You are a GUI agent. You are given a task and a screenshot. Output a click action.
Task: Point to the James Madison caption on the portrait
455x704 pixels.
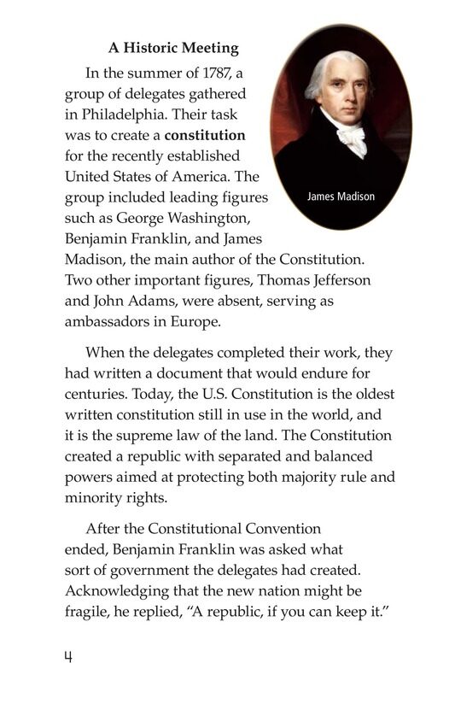pyautogui.click(x=340, y=197)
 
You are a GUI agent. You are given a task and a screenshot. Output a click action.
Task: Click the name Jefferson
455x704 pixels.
pyautogui.click(x=338, y=279)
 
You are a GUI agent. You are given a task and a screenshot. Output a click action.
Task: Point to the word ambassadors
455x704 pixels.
pyautogui.click(x=110, y=321)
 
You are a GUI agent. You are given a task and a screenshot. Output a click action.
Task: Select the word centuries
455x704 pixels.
pyautogui.click(x=97, y=394)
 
